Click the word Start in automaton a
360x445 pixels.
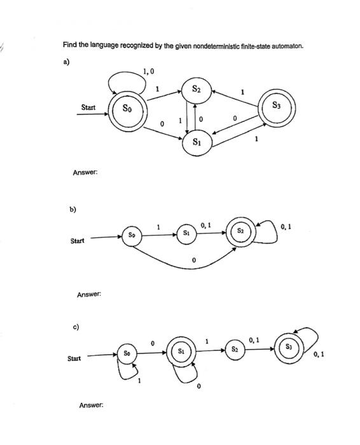(x=88, y=107)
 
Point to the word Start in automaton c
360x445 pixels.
(x=74, y=359)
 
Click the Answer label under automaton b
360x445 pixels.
(x=90, y=294)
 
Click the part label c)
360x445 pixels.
(x=76, y=327)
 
